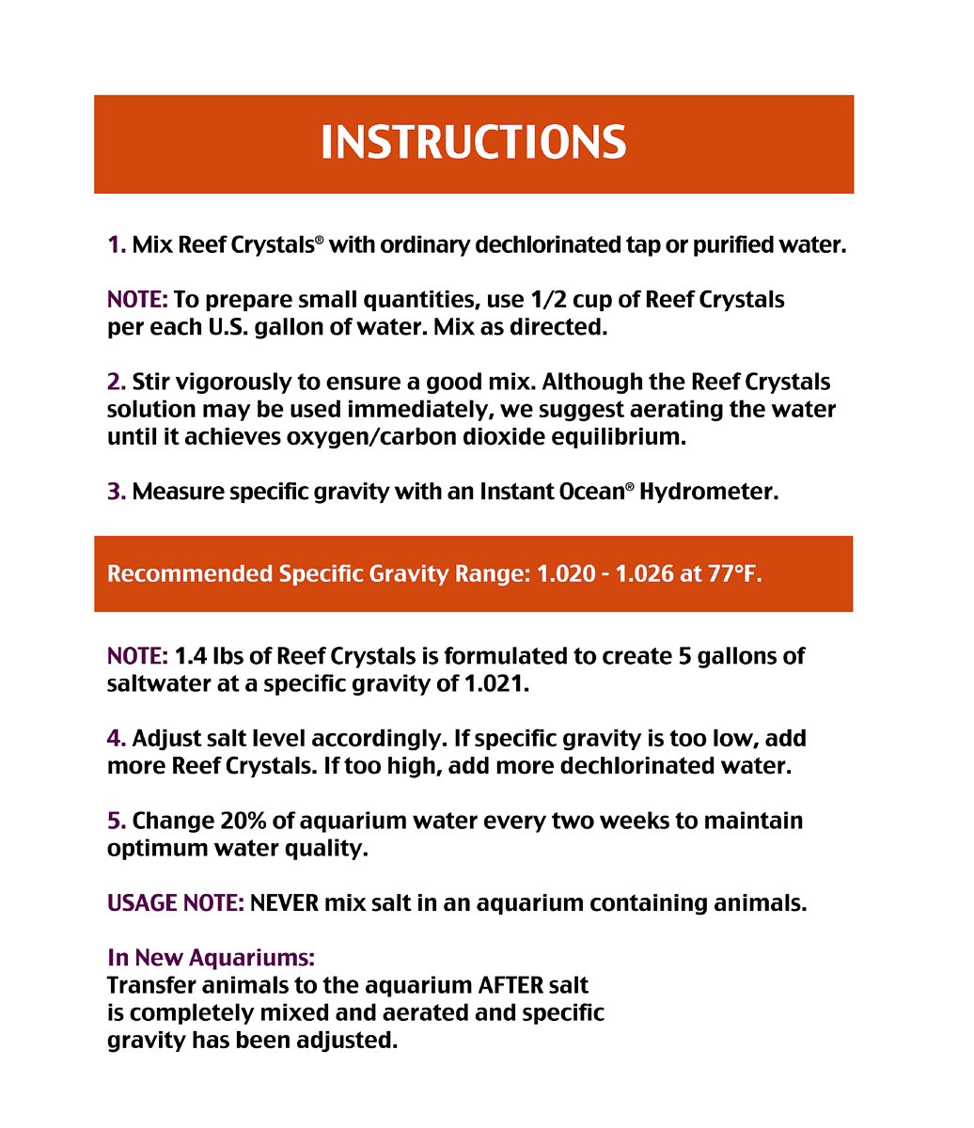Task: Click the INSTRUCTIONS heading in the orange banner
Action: pyautogui.click(x=473, y=143)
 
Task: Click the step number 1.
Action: pyautogui.click(x=116, y=245)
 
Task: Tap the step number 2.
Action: pyautogui.click(x=117, y=383)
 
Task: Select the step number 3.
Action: pyautogui.click(x=117, y=492)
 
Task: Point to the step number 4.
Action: pyautogui.click(x=117, y=739)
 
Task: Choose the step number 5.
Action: pyautogui.click(x=117, y=821)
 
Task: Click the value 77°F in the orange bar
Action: pyautogui.click(x=735, y=573)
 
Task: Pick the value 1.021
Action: pyautogui.click(x=496, y=683)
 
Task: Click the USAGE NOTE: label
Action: pyautogui.click(x=176, y=903)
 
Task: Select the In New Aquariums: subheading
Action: pyautogui.click(x=211, y=958)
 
